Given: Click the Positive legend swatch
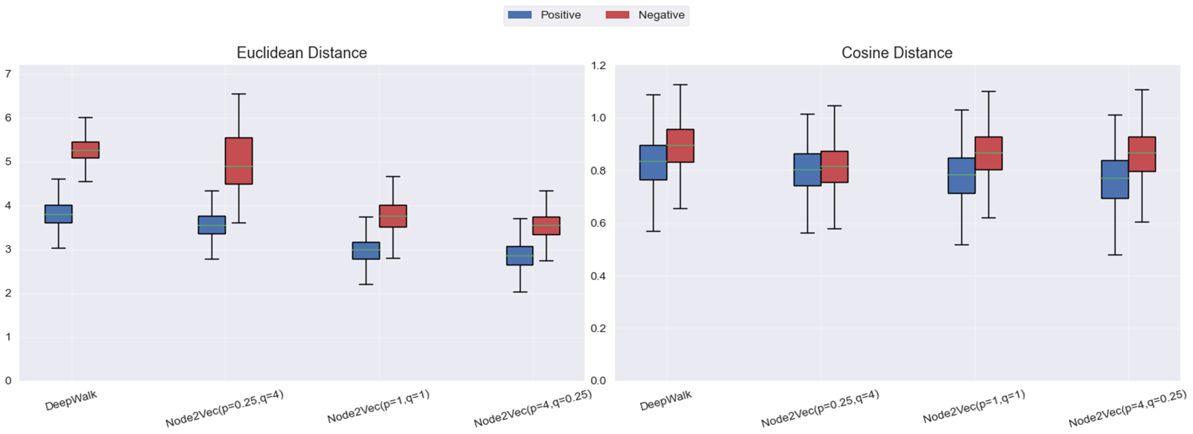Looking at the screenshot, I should (519, 15).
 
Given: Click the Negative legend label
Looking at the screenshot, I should (661, 15).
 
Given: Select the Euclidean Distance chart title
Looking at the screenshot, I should (301, 53).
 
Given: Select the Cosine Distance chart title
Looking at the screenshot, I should (897, 53).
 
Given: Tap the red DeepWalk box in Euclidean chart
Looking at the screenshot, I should (85, 150).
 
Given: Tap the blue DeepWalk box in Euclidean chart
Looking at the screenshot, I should (58, 214).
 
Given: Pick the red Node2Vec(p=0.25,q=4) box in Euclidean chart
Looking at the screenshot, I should (239, 161).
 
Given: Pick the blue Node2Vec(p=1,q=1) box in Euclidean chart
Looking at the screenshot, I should (366, 250).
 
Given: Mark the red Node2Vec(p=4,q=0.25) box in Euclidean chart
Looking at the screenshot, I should (546, 226).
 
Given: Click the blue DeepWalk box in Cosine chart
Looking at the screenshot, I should (653, 162).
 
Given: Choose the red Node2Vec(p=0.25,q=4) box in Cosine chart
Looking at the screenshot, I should (834, 167).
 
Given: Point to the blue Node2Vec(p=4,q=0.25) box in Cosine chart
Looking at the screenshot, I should (1115, 179).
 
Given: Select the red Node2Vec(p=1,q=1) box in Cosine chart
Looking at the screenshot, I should (988, 153).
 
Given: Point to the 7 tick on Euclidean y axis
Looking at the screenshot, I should (8, 74).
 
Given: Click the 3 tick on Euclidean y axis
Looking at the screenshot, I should (8, 249).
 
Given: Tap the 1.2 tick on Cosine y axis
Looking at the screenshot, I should (598, 66).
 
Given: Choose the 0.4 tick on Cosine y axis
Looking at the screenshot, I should (598, 276).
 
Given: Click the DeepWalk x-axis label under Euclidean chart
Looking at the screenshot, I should (71, 401).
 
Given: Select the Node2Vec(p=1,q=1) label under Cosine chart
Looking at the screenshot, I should (973, 406).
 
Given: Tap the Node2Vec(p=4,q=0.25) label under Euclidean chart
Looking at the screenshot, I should (533, 408).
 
